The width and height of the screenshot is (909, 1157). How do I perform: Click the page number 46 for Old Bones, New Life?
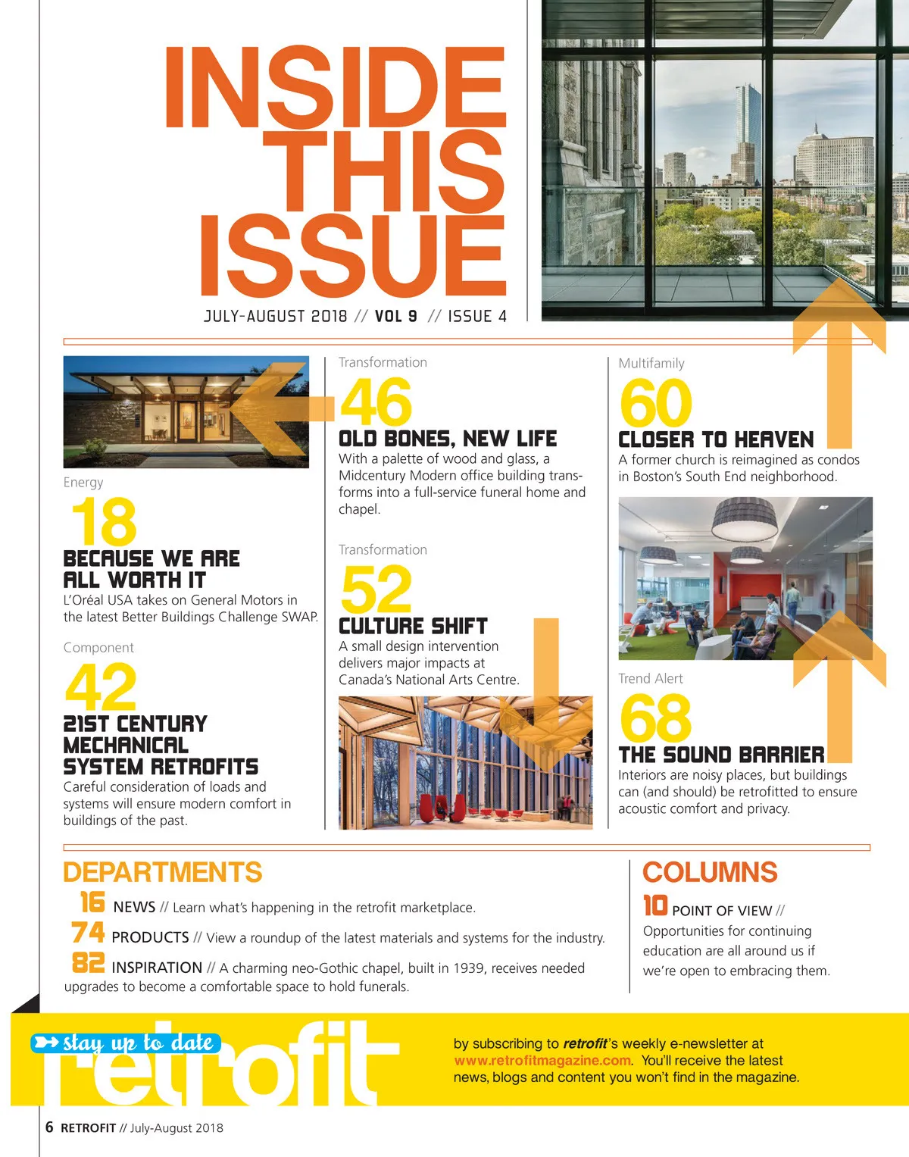(x=376, y=402)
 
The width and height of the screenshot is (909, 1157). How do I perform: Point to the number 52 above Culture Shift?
(x=376, y=589)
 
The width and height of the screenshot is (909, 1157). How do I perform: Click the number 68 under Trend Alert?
(x=655, y=718)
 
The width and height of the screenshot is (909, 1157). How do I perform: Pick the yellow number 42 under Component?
(x=101, y=686)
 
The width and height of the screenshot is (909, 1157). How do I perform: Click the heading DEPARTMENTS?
(x=162, y=872)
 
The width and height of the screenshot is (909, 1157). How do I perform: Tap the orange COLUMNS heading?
(x=710, y=872)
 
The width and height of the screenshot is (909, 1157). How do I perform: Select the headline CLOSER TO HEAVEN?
(x=716, y=440)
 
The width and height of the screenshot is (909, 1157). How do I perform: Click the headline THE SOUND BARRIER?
(x=721, y=755)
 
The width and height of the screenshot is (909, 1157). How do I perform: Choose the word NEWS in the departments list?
(x=134, y=907)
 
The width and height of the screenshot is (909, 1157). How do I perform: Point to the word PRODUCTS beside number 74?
(x=150, y=937)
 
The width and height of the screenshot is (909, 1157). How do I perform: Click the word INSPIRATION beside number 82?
(x=157, y=968)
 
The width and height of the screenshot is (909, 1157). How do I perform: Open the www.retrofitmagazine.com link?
(x=542, y=1060)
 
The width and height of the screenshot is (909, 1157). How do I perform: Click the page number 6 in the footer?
(x=49, y=1127)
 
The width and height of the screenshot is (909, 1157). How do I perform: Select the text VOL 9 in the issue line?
(x=395, y=316)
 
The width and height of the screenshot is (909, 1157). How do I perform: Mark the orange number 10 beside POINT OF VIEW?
(x=654, y=905)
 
